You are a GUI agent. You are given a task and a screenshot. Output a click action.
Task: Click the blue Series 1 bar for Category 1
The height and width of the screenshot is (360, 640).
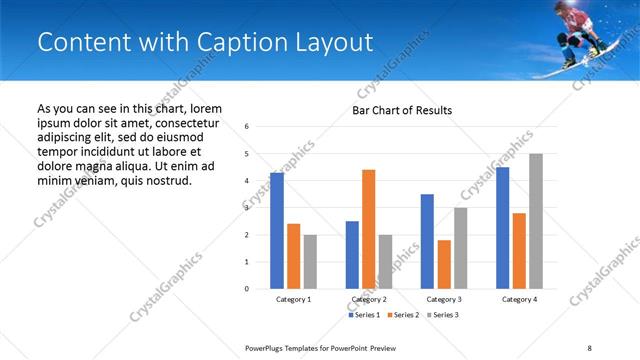coord(277,231)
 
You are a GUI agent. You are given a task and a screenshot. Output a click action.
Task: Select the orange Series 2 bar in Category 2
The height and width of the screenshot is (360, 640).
coord(368,229)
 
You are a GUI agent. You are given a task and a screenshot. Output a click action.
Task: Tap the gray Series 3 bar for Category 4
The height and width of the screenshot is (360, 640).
coord(536,221)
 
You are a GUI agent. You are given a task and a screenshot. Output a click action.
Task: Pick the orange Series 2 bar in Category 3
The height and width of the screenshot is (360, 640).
coord(444,264)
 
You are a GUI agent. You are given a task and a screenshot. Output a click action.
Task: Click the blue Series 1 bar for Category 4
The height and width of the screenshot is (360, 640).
coord(502,228)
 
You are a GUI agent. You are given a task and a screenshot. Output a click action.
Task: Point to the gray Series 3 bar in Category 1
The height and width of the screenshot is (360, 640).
coord(310,262)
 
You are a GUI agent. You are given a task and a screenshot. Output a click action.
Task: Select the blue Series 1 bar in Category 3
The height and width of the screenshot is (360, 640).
coord(427,241)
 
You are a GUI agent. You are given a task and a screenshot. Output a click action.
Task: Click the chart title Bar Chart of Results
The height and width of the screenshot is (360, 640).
coord(402,110)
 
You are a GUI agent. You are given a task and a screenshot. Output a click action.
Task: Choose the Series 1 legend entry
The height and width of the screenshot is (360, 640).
coord(364,315)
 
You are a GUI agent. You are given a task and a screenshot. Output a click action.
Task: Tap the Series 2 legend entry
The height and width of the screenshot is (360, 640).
coord(402,315)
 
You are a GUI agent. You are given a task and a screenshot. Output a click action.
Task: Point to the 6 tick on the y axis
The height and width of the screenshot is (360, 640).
coord(247,127)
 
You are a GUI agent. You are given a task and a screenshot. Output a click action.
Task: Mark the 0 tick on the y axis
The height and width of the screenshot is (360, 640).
coord(247,289)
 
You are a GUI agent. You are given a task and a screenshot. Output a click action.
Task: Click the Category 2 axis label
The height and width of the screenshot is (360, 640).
coord(369,299)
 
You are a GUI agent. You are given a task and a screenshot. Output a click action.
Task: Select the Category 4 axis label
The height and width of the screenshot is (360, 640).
coord(519,299)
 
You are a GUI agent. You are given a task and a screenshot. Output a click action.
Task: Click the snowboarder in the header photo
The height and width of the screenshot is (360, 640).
coord(577,32)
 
